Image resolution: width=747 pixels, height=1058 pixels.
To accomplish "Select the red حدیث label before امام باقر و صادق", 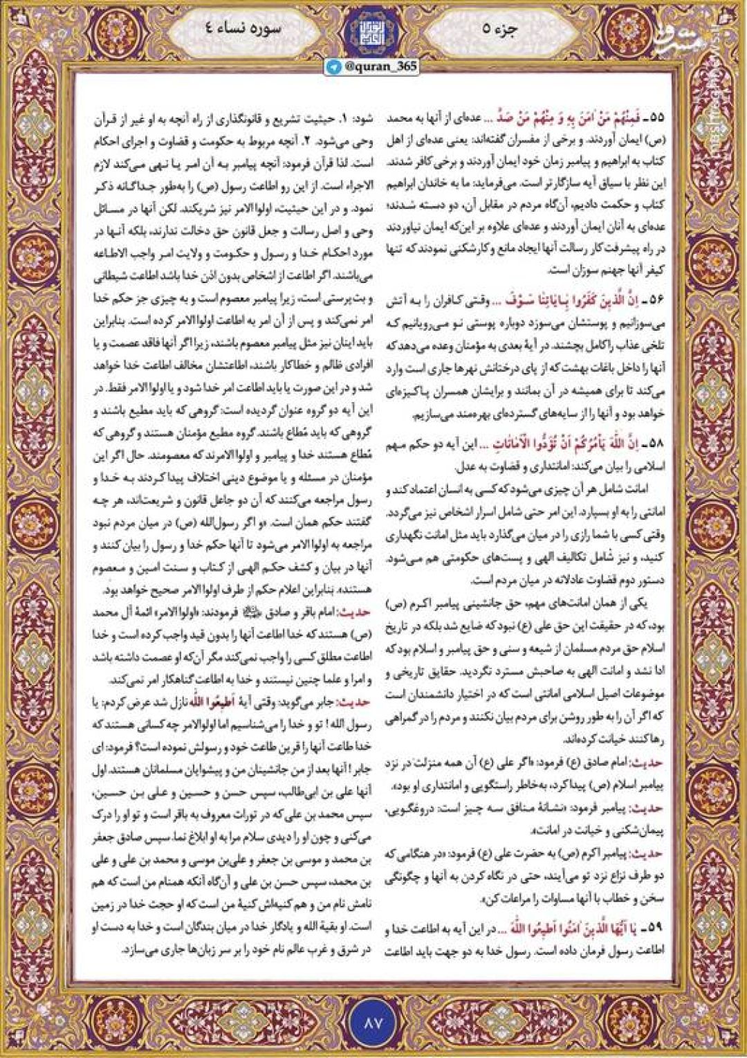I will pos(359,612).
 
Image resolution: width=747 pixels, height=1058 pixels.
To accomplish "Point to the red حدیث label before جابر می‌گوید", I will pos(359,702).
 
